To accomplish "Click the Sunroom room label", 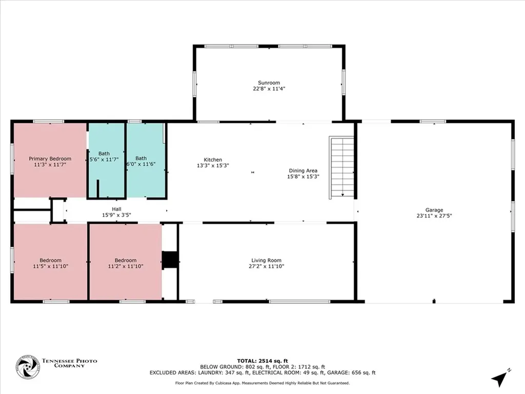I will [269, 83].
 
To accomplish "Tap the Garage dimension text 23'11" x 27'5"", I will [434, 216].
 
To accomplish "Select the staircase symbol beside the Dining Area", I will [341, 167].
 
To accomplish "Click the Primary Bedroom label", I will [50, 159].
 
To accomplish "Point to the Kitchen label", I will [213, 160].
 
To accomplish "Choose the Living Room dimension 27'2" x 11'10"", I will [266, 266].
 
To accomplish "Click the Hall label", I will [116, 209].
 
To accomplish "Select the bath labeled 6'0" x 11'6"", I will [142, 161].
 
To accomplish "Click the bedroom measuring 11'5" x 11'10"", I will [50, 263].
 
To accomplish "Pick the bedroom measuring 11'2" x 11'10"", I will [126, 263].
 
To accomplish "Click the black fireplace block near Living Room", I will [169, 260].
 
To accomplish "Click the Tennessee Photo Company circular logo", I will [28, 367].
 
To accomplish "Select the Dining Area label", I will [303, 171].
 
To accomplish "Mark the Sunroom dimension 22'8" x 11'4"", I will [269, 89].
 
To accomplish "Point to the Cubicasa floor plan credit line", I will [262, 383].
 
